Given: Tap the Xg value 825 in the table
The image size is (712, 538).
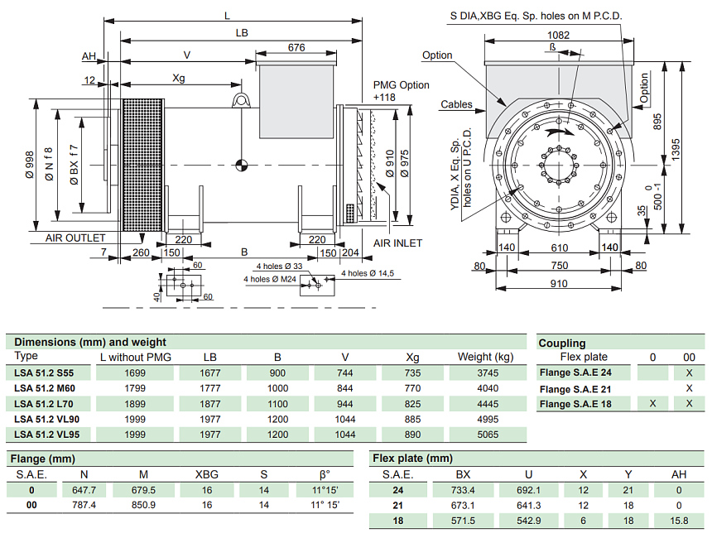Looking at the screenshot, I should coord(413,404).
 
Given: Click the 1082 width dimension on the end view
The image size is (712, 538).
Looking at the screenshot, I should coord(558,35).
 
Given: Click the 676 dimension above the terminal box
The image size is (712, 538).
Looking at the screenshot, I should coord(296,48).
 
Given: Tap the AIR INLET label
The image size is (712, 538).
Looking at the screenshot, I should coord(397,243).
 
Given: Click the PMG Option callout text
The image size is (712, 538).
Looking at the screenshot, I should coord(402,85).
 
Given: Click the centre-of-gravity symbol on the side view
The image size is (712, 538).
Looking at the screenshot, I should coord(241,165).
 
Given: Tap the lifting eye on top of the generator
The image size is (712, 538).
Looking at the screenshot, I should coord(241,102).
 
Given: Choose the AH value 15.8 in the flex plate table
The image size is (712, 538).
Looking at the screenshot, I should coord(679,521).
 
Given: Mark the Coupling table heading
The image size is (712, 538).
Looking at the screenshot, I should coord(562,343).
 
